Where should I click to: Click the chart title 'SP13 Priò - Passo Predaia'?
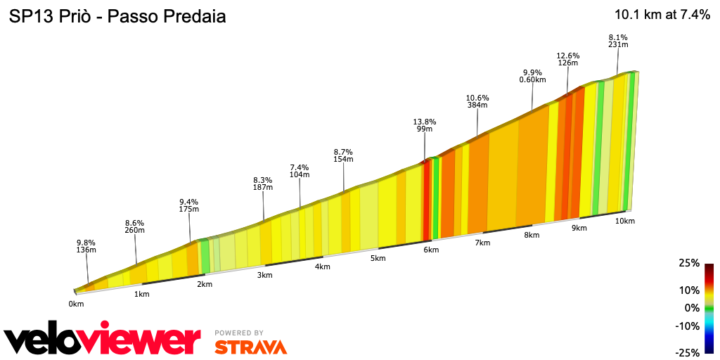pyautogui.click(x=117, y=17)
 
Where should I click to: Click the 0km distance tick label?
pyautogui.click(x=76, y=304)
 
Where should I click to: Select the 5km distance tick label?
pyautogui.click(x=378, y=258)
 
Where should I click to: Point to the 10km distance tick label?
pyautogui.click(x=625, y=221)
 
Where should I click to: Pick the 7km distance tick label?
pyautogui.click(x=482, y=243)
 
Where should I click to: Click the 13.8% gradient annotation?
pyautogui.click(x=424, y=125)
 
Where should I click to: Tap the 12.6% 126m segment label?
pyautogui.click(x=567, y=59)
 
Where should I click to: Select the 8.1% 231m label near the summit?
pyautogui.click(x=617, y=41)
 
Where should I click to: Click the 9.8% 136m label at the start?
pyautogui.click(x=86, y=245)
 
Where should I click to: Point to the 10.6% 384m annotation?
pyautogui.click(x=477, y=101)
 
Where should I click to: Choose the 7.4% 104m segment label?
pyautogui.click(x=300, y=170)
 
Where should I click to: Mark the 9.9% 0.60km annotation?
pyautogui.click(x=532, y=76)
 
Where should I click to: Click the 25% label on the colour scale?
pyautogui.click(x=689, y=263)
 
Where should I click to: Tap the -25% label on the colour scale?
pyautogui.click(x=688, y=352)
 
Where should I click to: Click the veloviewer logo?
pyautogui.click(x=102, y=339)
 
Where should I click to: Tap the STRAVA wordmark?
pyautogui.click(x=250, y=347)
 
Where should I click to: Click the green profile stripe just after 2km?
pyautogui.click(x=205, y=255)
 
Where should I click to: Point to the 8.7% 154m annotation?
pyautogui.click(x=343, y=155)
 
